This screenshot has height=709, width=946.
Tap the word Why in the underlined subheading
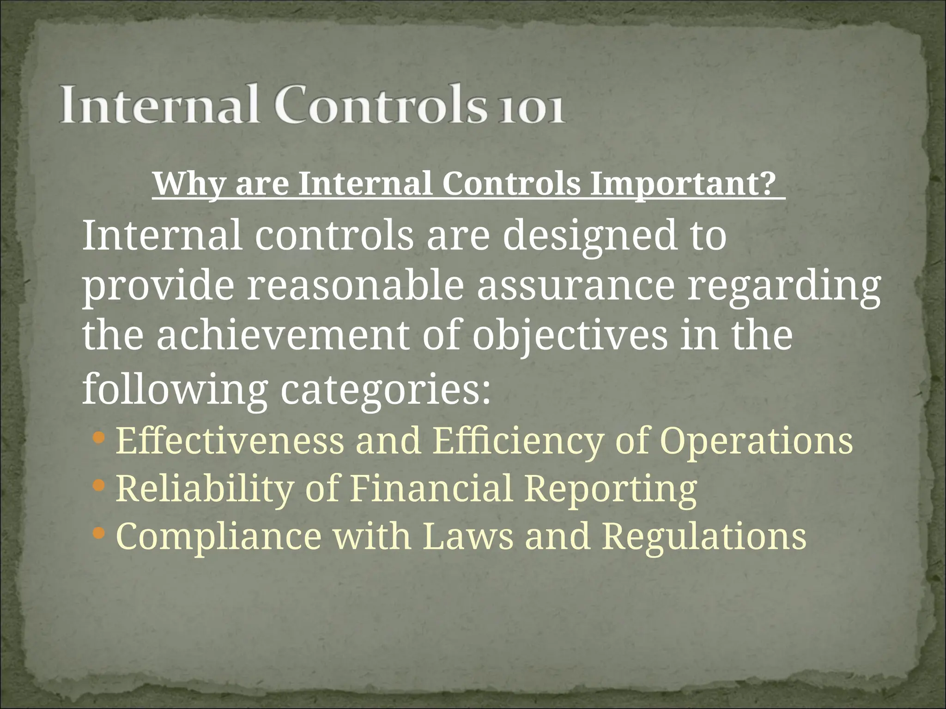188,184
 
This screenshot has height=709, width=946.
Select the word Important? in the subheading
684,184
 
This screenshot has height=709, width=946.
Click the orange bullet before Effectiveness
99,437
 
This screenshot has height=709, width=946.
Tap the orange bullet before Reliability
99,485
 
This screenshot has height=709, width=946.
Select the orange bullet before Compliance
99,534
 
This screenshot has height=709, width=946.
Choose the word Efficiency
518,441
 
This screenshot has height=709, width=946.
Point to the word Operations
758,441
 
